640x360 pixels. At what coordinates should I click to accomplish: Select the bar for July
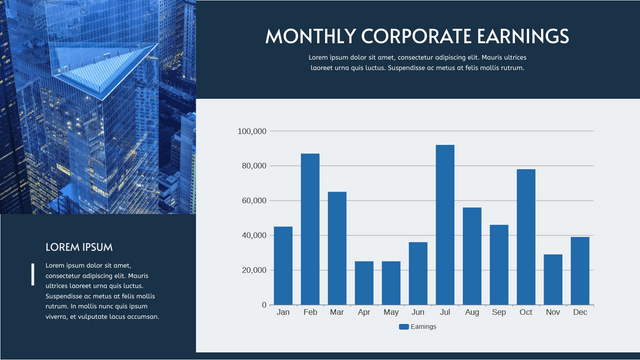pyautogui.click(x=445, y=225)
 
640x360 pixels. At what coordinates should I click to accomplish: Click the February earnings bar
pyautogui.click(x=310, y=229)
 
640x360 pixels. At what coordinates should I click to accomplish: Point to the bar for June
pyautogui.click(x=418, y=273)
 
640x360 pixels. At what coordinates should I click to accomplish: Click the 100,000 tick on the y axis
pyautogui.click(x=251, y=131)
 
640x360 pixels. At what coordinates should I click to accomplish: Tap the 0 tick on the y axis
pyautogui.click(x=264, y=305)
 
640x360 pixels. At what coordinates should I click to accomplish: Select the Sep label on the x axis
pyautogui.click(x=499, y=313)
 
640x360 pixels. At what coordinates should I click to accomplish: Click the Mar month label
pyautogui.click(x=337, y=313)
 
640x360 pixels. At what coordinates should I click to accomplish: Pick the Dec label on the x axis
pyautogui.click(x=580, y=313)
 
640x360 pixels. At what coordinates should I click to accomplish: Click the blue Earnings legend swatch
pyautogui.click(x=404, y=327)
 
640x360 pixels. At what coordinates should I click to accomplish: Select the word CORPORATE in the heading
pyautogui.click(x=407, y=37)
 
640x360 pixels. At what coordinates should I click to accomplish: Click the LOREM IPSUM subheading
pyautogui.click(x=79, y=247)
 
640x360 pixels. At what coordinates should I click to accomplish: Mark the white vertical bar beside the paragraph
pyautogui.click(x=34, y=274)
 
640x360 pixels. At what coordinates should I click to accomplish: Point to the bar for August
pyautogui.click(x=472, y=256)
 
